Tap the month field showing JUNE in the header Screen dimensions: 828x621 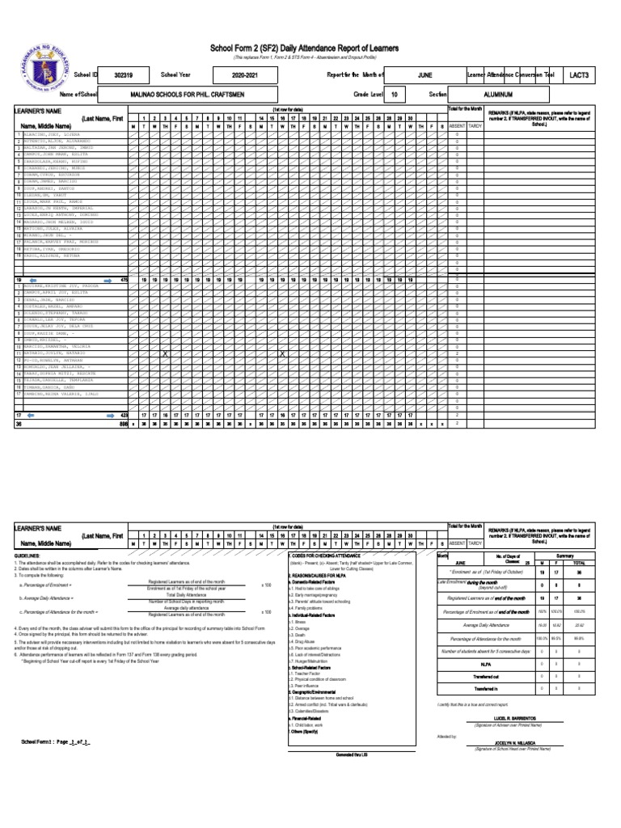pyautogui.click(x=425, y=74)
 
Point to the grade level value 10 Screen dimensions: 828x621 pyautogui.click(x=394, y=95)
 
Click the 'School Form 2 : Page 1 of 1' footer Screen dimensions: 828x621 pyautogui.click(x=54, y=741)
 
